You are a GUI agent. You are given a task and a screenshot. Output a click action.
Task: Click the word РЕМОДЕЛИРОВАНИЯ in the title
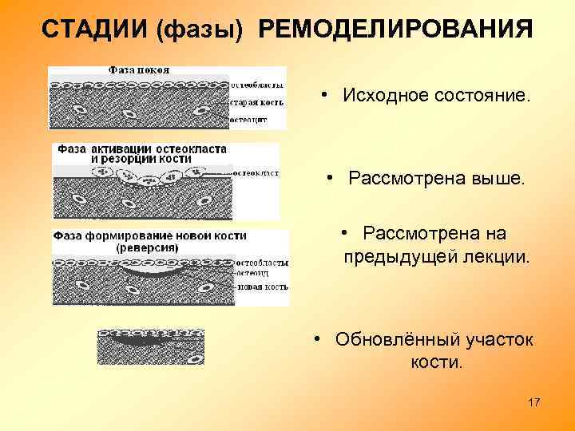tap(395, 29)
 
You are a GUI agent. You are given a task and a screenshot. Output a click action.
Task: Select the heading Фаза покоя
tap(139, 70)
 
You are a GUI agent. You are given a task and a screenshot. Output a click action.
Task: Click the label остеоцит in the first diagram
tap(248, 121)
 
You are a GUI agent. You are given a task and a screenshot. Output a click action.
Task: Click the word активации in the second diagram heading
tap(129, 149)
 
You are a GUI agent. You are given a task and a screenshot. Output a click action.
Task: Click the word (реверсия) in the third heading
tap(149, 247)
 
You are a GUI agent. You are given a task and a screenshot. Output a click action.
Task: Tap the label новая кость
tap(262, 286)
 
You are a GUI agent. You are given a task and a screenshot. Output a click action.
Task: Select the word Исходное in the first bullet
tap(375, 96)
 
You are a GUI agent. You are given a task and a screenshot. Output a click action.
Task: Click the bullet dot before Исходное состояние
tap(327, 96)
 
